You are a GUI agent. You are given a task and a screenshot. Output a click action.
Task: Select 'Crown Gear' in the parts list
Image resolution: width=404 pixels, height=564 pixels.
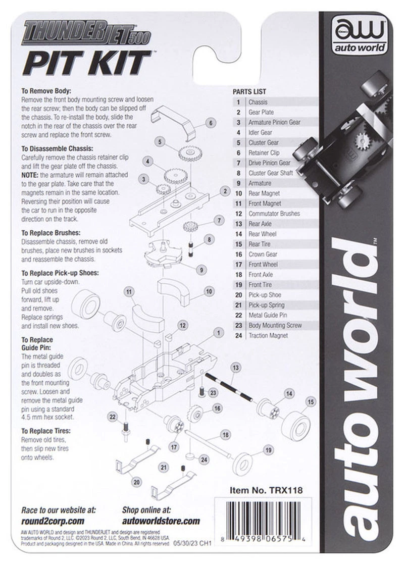pyautogui.click(x=263, y=254)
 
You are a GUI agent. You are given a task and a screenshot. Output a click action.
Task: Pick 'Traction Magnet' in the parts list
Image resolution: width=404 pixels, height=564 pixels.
pyautogui.click(x=268, y=335)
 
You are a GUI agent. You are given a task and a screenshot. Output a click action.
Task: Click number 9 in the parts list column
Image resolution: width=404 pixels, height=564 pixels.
pyautogui.click(x=237, y=183)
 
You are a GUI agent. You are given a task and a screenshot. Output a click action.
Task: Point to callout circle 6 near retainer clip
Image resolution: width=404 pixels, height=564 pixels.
pyautogui.click(x=211, y=122)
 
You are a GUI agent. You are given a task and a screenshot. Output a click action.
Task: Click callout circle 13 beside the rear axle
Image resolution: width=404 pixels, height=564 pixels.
pyautogui.click(x=234, y=368)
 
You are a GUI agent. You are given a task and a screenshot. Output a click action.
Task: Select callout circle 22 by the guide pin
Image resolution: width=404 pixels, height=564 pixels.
pyautogui.click(x=113, y=416)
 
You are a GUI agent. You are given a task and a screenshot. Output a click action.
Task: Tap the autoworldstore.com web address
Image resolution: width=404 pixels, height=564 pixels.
pyautogui.click(x=161, y=521)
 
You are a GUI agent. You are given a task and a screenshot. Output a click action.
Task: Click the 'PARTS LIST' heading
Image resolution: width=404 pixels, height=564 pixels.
pyautogui.click(x=249, y=92)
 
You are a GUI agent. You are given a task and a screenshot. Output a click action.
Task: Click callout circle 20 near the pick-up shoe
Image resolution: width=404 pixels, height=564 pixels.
pyautogui.click(x=136, y=482)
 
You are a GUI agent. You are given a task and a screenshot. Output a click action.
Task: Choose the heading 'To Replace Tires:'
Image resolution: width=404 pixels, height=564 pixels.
pyautogui.click(x=46, y=431)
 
